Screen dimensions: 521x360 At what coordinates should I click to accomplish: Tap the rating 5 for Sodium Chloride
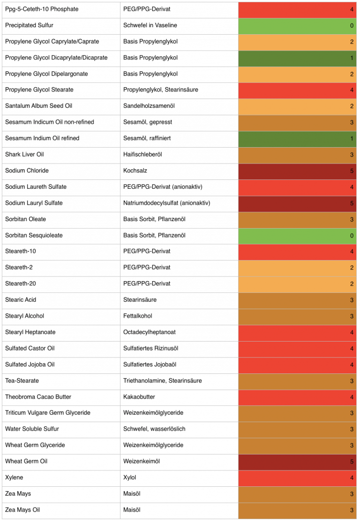coord(352,171)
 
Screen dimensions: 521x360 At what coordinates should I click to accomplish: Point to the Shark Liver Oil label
coord(24,154)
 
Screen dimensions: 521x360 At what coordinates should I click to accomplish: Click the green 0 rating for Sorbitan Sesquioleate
coord(352,236)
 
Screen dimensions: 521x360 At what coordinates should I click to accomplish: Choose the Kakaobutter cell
coord(139,397)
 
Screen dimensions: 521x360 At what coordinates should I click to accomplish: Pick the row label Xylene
coord(14,477)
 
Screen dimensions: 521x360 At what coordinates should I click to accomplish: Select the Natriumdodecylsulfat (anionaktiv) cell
coord(166,203)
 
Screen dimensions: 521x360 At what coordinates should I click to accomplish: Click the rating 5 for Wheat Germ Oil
coord(352,461)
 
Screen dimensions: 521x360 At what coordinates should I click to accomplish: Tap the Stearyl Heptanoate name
coord(30,332)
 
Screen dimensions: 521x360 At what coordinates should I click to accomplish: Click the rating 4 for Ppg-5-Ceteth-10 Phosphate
coord(352,9)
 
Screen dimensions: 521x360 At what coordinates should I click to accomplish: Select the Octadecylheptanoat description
coord(150,332)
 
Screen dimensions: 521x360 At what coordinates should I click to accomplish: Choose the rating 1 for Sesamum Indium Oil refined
coord(352,139)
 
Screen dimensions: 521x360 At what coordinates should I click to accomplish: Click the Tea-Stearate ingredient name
coord(22,380)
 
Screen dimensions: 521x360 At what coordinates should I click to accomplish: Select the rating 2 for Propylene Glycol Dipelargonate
coord(352,74)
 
